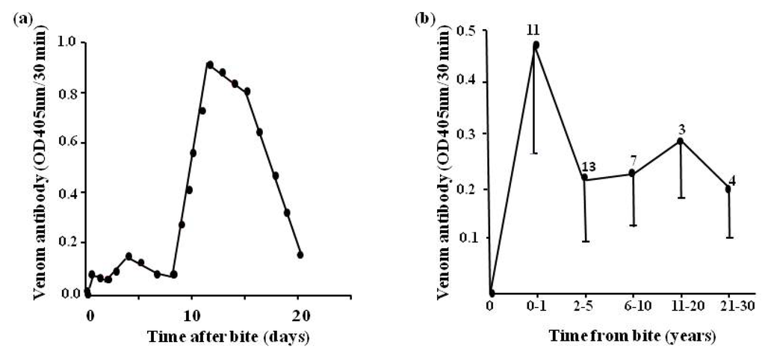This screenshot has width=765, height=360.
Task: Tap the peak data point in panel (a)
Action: [210, 65]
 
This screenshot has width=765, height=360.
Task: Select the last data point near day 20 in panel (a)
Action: [300, 255]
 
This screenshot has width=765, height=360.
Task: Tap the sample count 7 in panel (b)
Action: [633, 161]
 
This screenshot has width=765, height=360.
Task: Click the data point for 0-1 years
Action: [536, 45]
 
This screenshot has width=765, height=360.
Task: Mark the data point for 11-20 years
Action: [680, 140]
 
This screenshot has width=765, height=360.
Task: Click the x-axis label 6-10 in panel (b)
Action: [632, 306]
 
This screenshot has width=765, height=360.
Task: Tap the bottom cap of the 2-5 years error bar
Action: [586, 241]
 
